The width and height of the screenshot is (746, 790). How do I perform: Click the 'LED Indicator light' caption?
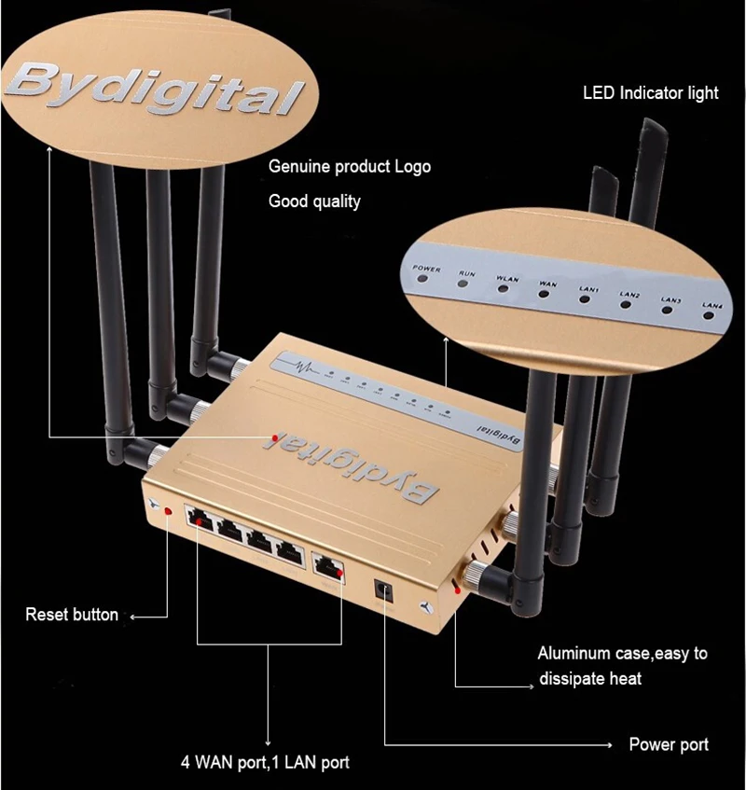coord(651,92)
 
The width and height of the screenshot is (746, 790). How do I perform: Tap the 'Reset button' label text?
coord(72,615)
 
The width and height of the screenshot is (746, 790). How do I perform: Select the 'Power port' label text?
coord(669,744)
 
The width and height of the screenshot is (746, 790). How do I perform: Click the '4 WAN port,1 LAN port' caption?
coord(265,762)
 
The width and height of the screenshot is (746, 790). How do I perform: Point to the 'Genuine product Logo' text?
coord(350,167)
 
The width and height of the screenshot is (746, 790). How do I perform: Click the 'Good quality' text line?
coord(314,201)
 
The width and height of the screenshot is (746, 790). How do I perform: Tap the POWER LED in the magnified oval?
coord(427,283)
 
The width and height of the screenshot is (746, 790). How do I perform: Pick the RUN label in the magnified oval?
coord(466,274)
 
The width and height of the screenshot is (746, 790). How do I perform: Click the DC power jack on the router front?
coord(381,589)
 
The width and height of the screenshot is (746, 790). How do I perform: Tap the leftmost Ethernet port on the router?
coord(199,520)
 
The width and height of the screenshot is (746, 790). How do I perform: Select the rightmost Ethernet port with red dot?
coord(326,566)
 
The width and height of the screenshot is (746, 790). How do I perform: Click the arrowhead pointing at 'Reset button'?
coord(131,616)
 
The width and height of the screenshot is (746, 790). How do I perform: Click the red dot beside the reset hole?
coord(168,511)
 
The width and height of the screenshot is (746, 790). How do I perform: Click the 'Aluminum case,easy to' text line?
coord(622,653)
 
